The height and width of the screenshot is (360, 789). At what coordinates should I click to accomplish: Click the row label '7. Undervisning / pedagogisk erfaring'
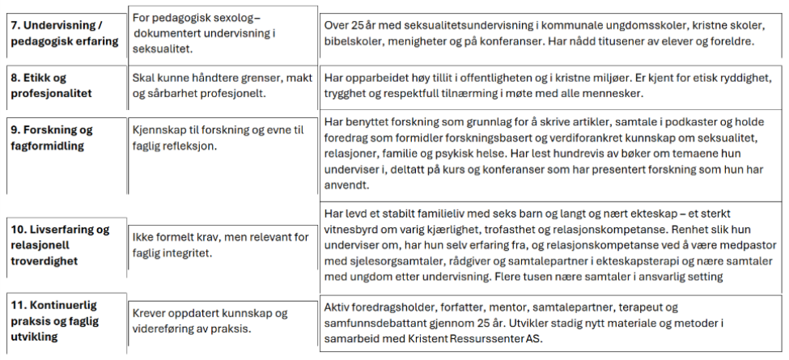64,33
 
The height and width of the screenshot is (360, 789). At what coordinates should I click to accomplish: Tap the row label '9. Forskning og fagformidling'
53,137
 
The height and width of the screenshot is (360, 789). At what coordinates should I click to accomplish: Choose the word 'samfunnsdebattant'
373,324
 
